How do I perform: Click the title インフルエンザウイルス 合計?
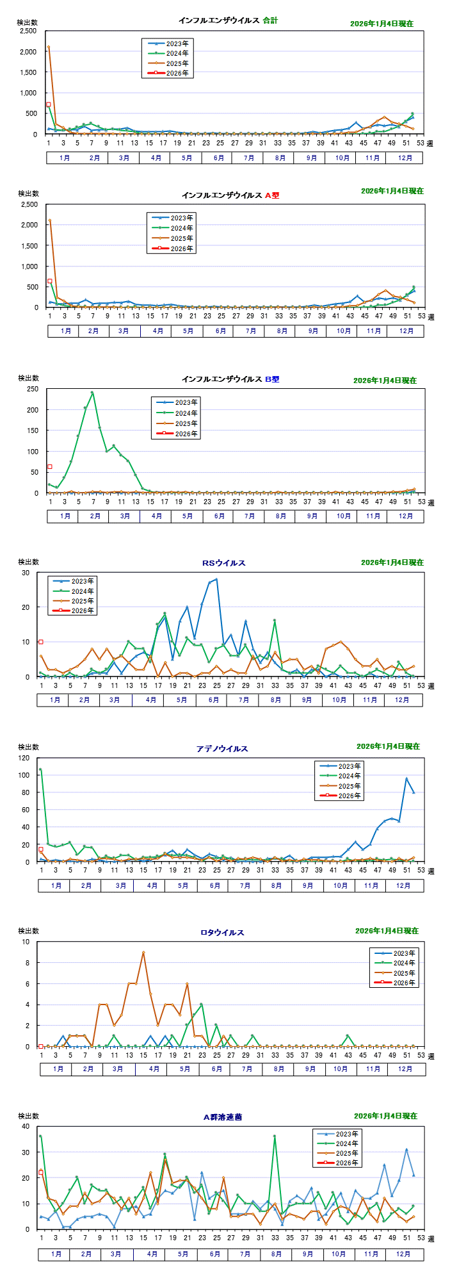click(228, 20)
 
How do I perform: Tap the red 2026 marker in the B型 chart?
click(50, 466)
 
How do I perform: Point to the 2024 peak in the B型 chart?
click(92, 393)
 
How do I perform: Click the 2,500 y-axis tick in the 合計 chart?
click(28, 31)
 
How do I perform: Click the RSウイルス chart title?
click(223, 563)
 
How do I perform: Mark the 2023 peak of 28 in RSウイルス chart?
click(216, 579)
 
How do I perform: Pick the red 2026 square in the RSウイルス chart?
click(41, 642)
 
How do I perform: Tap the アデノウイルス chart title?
click(222, 749)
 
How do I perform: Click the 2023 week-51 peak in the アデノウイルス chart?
click(406, 779)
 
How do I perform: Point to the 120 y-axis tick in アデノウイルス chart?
click(24, 758)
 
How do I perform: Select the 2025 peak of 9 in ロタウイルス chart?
click(143, 953)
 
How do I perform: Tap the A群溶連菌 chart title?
click(222, 1117)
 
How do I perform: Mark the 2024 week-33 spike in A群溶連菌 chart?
click(275, 1136)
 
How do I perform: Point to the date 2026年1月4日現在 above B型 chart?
click(385, 381)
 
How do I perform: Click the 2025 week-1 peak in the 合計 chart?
click(49, 47)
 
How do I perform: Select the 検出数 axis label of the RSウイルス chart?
click(28, 563)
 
